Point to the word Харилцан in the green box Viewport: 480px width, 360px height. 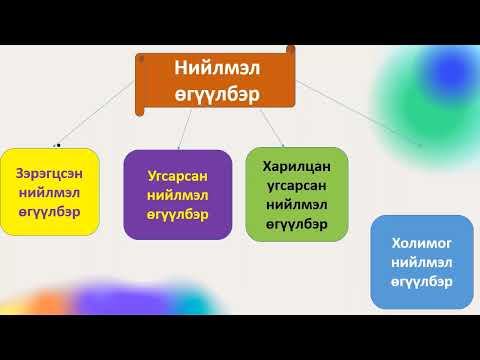click(x=296, y=166)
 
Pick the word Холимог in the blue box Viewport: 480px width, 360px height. click(x=421, y=242)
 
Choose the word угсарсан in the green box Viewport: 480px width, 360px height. click(x=296, y=185)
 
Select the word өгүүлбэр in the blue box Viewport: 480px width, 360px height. click(x=421, y=281)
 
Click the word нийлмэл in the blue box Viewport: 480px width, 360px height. click(x=421, y=262)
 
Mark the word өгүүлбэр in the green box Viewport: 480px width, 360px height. click(x=296, y=223)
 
